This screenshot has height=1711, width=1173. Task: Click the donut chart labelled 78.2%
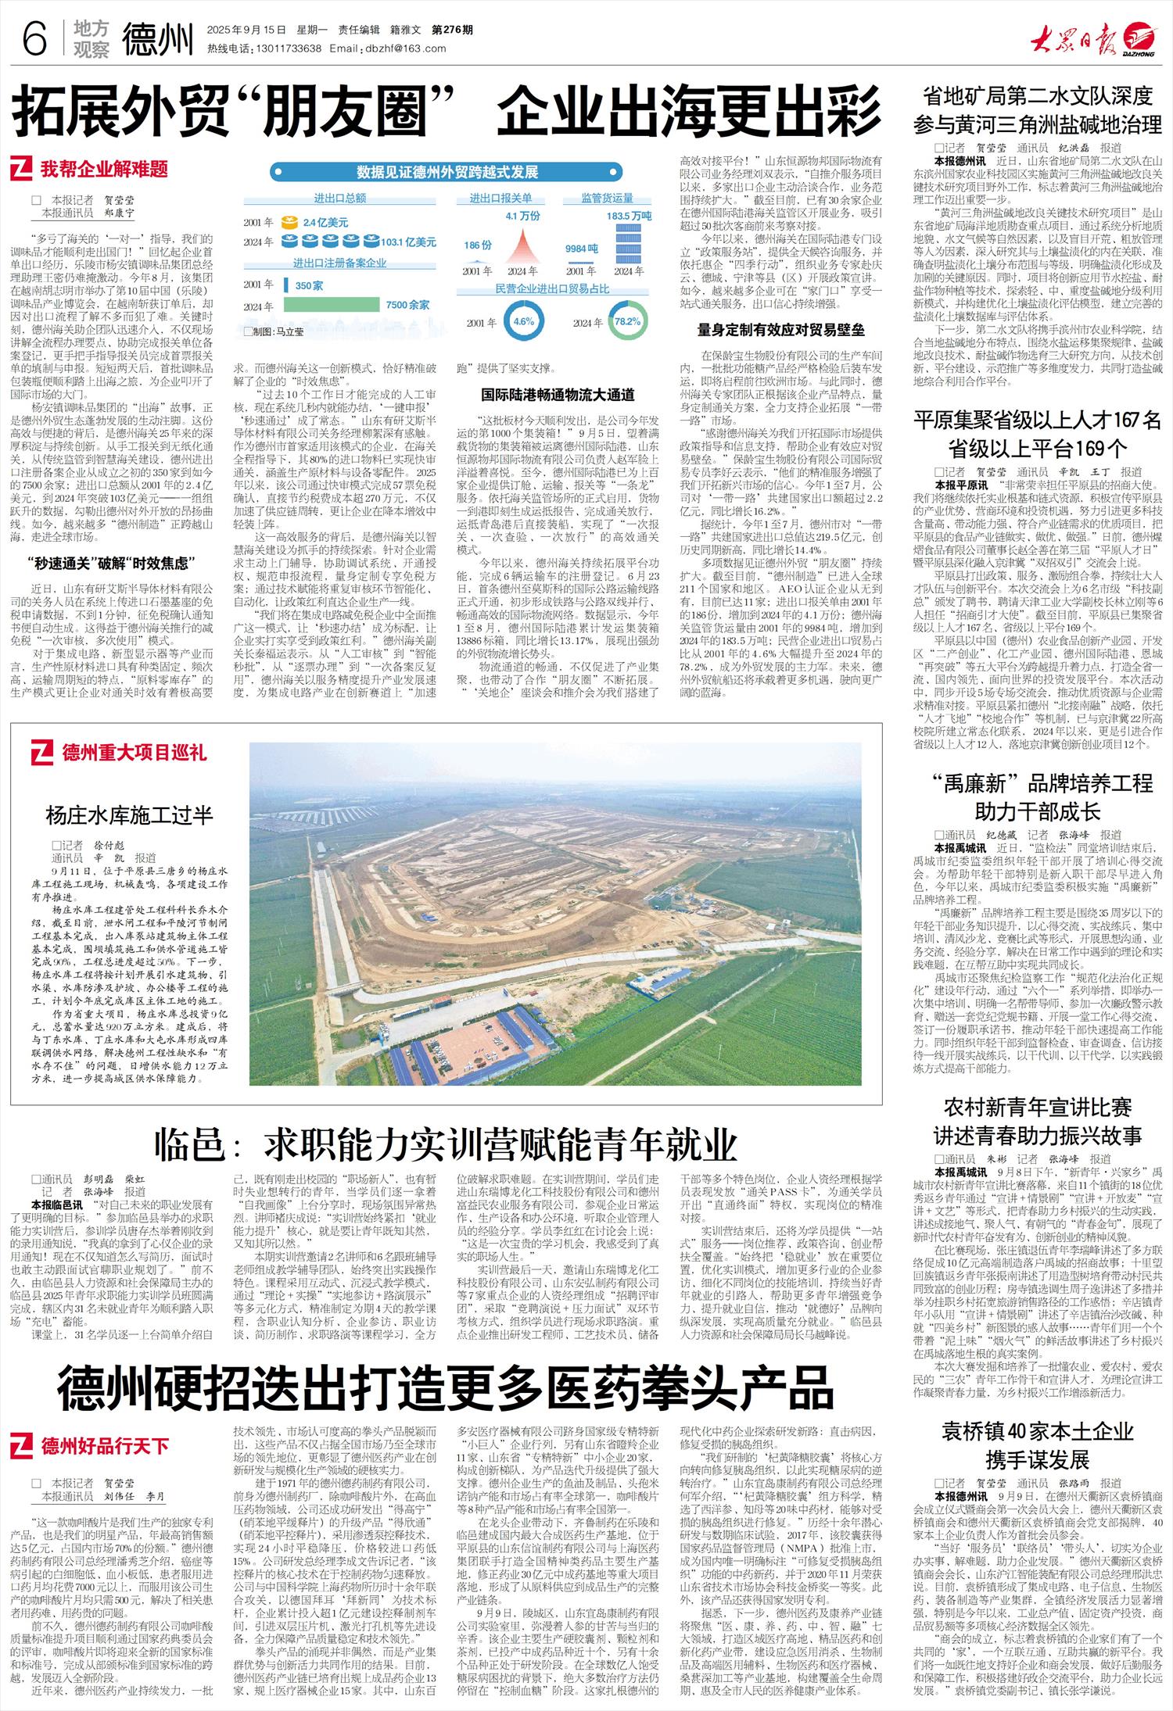[x=627, y=321]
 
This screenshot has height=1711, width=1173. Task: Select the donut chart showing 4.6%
[x=523, y=321]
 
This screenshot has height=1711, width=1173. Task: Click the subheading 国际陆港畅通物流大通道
[x=558, y=395]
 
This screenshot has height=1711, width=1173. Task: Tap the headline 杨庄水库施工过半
[x=130, y=815]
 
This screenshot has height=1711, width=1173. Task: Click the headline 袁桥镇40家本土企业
[x=1037, y=1430]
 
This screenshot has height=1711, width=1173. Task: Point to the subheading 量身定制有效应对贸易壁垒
[x=780, y=330]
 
